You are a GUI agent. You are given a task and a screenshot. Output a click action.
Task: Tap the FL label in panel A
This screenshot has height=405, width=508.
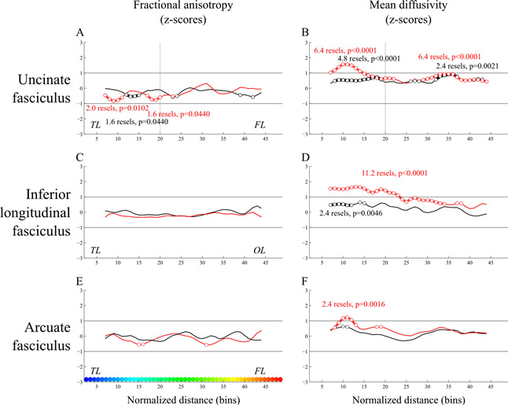tap(258, 125)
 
